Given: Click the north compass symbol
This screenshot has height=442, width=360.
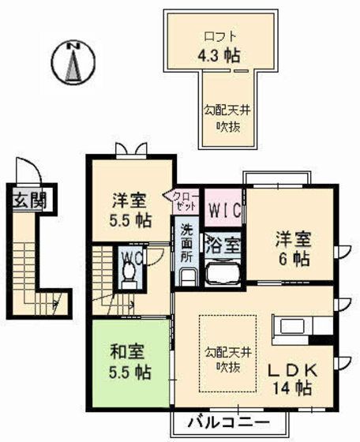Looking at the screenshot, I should [73, 61].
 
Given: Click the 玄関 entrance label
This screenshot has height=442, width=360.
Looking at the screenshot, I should [28, 198].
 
